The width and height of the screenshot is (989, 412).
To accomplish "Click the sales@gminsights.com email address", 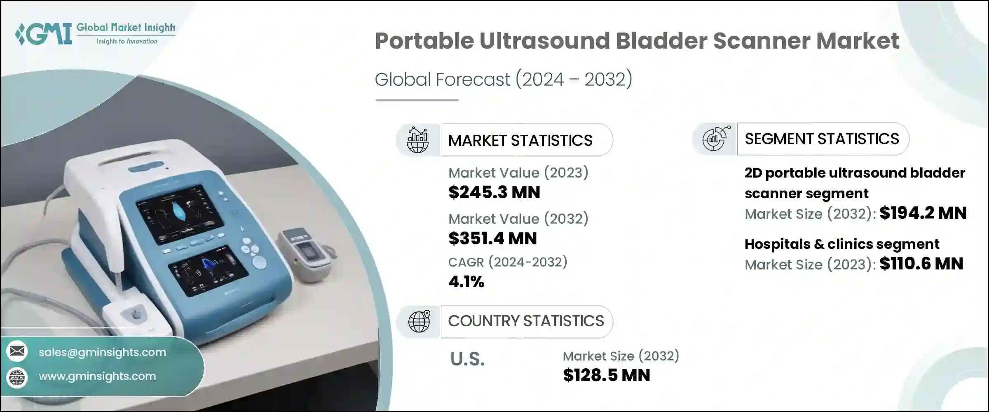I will click(x=102, y=352).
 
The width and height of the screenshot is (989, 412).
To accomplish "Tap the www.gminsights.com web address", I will click(x=97, y=376).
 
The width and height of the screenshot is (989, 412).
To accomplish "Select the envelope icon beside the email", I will click(x=17, y=351).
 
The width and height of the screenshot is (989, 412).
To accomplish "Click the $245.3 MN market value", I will click(x=494, y=192).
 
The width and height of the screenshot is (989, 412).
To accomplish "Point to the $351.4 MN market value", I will click(x=492, y=239).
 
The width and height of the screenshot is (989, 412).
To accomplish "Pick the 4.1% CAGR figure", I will click(x=466, y=282).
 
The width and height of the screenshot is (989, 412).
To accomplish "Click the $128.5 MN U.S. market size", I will click(x=606, y=375).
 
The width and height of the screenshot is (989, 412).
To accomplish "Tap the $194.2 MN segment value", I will click(x=923, y=213).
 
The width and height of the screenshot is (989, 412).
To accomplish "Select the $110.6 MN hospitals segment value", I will click(x=921, y=264).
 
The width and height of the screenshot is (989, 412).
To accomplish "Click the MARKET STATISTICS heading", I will click(x=520, y=140).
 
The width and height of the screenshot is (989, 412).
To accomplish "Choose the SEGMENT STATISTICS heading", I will click(x=822, y=139).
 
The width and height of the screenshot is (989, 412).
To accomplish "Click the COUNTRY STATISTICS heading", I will click(x=526, y=321).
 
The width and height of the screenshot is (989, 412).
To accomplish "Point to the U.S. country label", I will click(x=467, y=359).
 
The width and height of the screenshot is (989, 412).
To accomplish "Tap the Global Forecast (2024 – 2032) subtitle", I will click(x=503, y=79).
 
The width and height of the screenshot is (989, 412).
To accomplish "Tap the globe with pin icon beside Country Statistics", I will click(x=419, y=321).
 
